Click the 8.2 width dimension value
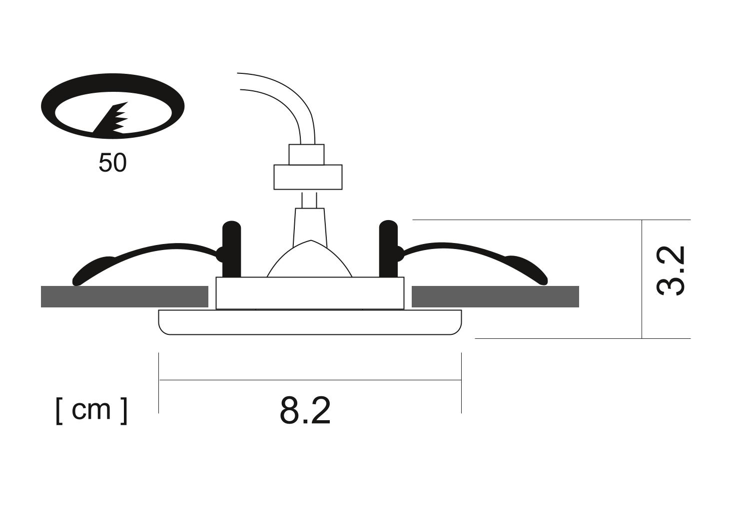pyautogui.click(x=305, y=411)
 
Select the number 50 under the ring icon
pyautogui.click(x=112, y=163)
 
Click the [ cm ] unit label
pyautogui.click(x=91, y=411)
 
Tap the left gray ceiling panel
pyautogui.click(x=124, y=296)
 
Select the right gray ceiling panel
pyautogui.click(x=495, y=296)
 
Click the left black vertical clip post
pyautogui.click(x=232, y=250)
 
